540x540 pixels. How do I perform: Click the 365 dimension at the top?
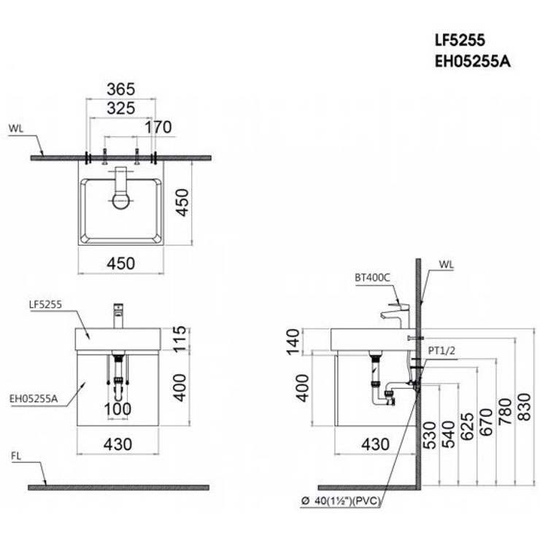120,90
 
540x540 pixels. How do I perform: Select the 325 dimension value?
120,109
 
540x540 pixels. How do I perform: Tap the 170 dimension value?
158,128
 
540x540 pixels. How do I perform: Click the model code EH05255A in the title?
473,62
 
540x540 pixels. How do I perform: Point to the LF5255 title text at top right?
460,40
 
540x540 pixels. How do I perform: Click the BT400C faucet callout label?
373,277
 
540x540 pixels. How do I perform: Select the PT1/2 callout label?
441,350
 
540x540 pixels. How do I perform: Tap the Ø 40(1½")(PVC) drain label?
340,501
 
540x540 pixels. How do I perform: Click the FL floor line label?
16,456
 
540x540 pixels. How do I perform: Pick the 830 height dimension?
525,406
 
